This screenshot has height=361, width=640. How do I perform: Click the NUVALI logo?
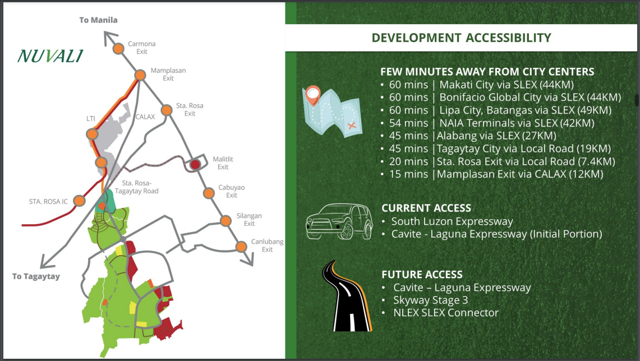coord(50,56)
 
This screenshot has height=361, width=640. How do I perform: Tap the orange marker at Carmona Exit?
coord(118,48)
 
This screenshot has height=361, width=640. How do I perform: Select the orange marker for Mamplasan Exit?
coord(140,75)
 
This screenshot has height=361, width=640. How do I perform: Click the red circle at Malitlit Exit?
coord(195,164)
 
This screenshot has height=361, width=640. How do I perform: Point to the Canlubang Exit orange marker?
coord(241,247)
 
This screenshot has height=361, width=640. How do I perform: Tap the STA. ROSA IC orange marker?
coord(79,201)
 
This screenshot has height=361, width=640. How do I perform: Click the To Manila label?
coord(98,20)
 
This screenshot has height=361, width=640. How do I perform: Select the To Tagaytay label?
coord(36,276)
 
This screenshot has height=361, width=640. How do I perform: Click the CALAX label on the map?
coord(145,117)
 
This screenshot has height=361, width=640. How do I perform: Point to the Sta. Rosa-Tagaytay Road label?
coord(137,187)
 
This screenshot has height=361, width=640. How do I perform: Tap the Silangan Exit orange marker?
coord(225,221)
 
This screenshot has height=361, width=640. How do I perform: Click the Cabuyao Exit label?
coord(232,191)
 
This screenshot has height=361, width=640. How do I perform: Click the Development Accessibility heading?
coord(461,38)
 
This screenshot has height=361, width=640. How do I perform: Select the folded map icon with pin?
coord(332,111)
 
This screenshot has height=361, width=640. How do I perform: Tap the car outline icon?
coord(339,221)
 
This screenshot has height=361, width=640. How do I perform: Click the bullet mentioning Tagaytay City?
coord(495,149)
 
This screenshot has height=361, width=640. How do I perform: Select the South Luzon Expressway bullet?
coord(448,221)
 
